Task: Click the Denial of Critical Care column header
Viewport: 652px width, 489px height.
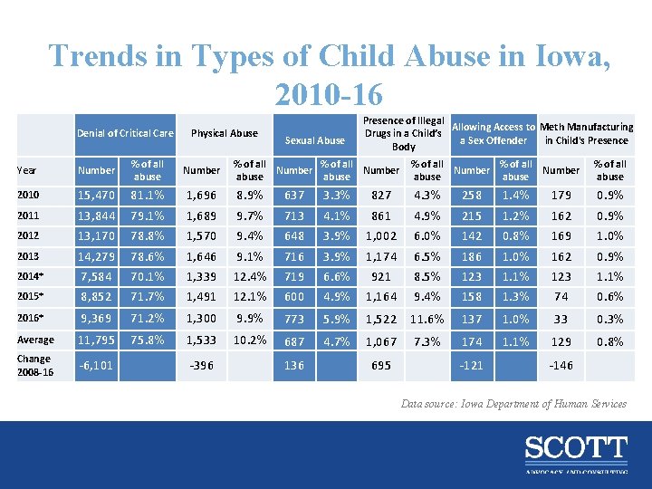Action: click(x=125, y=134)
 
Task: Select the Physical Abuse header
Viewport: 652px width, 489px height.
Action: click(x=225, y=134)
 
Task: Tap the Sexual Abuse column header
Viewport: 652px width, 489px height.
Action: click(x=315, y=140)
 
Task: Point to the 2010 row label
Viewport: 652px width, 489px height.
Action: click(x=29, y=194)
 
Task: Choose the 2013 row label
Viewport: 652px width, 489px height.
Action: click(x=29, y=256)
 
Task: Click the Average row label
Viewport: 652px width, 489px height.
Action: click(x=36, y=340)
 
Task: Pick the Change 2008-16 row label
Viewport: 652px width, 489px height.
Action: click(x=35, y=366)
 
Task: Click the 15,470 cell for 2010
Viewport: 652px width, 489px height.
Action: click(x=96, y=194)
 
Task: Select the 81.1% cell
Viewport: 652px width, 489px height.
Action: click(x=148, y=194)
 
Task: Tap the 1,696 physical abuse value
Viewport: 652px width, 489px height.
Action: click(x=201, y=194)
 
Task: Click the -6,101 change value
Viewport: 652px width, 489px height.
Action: click(x=96, y=366)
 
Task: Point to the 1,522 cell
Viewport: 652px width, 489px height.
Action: click(x=381, y=319)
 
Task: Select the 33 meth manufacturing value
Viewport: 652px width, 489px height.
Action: click(x=561, y=319)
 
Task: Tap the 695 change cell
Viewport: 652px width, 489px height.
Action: click(x=381, y=366)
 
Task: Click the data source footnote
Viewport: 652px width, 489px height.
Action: click(x=513, y=404)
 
